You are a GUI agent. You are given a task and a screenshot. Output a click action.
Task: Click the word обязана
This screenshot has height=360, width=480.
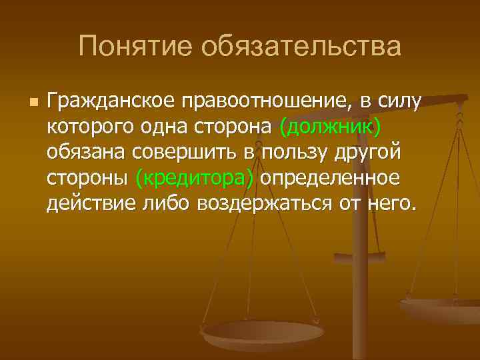click(x=87, y=152)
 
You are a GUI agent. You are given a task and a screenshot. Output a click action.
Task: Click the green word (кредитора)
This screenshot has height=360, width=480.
click(x=194, y=177)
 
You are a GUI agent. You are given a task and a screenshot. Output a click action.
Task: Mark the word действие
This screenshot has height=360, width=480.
click(x=89, y=203)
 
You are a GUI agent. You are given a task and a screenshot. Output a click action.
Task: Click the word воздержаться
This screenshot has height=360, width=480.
click(x=264, y=203)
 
